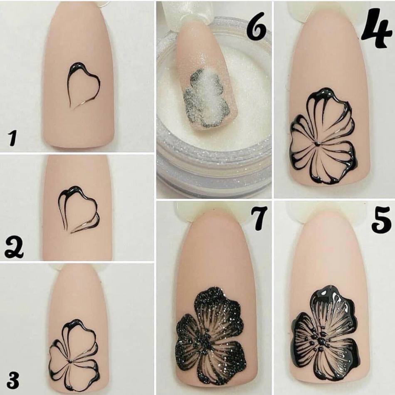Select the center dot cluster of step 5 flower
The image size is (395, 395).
[x=321, y=341]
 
